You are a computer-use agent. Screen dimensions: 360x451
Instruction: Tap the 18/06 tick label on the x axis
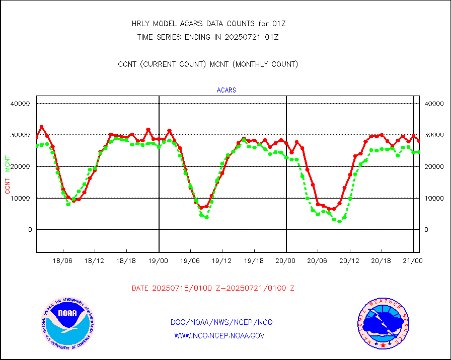pyautogui.click(x=63, y=261)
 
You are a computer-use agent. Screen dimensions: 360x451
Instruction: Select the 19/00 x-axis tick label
pyautogui.click(x=159, y=261)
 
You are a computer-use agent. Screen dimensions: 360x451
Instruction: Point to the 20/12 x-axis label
pyautogui.click(x=349, y=261)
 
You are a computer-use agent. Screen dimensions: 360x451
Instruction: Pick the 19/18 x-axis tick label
pyautogui.click(x=254, y=261)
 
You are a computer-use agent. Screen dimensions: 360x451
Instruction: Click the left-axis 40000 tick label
pyautogui.click(x=21, y=104)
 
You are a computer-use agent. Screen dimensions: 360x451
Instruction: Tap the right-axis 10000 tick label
pyautogui.click(x=434, y=198)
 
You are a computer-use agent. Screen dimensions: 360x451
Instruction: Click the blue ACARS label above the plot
pyautogui.click(x=227, y=91)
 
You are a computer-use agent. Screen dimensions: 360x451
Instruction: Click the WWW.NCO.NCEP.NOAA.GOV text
pyautogui.click(x=219, y=336)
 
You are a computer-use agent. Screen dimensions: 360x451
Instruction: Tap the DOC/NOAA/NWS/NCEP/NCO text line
pyautogui.click(x=221, y=322)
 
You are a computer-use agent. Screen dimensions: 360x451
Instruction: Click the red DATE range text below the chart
pyautogui.click(x=213, y=289)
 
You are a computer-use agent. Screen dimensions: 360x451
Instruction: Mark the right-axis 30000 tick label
pyautogui.click(x=434, y=135)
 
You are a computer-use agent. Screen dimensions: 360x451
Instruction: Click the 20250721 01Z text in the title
pyautogui.click(x=252, y=37)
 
